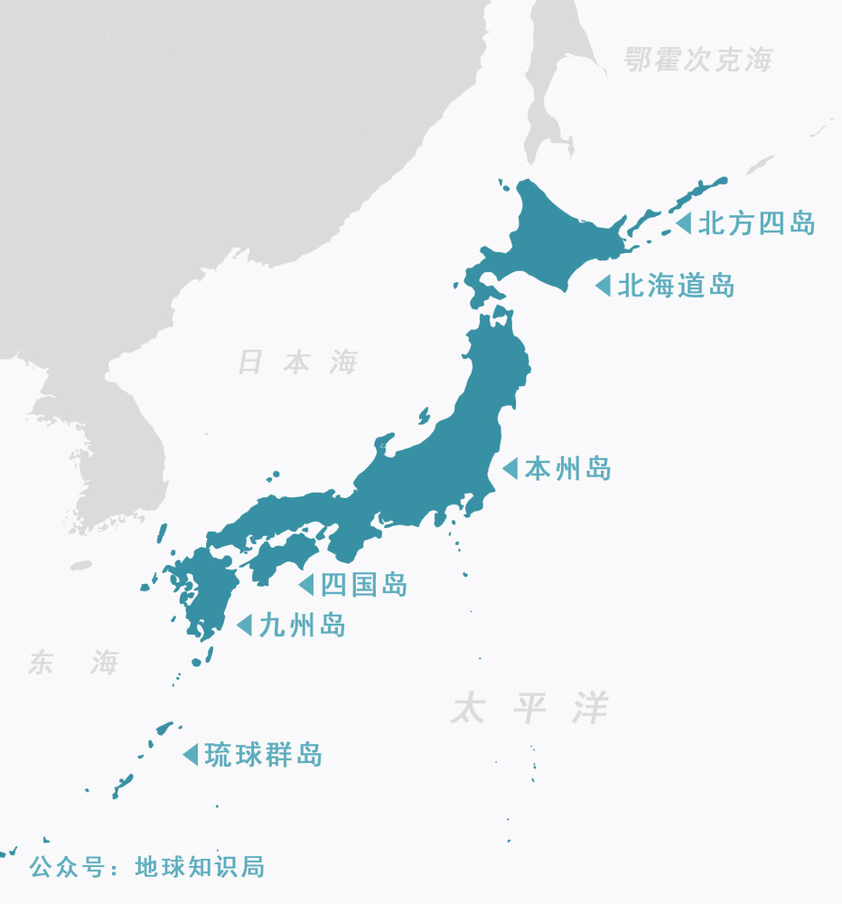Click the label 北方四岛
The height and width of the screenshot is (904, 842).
(x=757, y=222)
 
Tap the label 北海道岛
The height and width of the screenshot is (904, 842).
(x=676, y=286)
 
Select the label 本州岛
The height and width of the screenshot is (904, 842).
(x=567, y=468)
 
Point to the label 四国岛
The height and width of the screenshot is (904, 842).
(x=364, y=584)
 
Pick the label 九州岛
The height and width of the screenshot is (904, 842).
(x=302, y=625)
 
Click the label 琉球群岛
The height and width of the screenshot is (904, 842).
(x=263, y=753)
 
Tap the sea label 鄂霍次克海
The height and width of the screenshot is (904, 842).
(x=699, y=61)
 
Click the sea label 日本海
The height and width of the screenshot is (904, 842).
(x=297, y=363)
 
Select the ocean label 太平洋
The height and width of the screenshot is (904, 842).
(x=530, y=708)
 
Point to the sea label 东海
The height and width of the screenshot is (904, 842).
(x=72, y=663)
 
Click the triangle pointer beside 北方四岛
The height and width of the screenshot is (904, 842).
(x=684, y=222)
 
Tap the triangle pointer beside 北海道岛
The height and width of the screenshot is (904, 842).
(x=603, y=286)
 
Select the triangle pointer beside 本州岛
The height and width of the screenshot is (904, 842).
(x=510, y=468)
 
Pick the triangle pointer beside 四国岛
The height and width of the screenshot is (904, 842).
(x=307, y=584)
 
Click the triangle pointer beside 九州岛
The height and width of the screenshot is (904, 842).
(x=244, y=625)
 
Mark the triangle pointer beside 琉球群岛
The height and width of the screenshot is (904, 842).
(x=191, y=753)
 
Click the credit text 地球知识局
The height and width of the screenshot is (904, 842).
(x=200, y=866)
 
